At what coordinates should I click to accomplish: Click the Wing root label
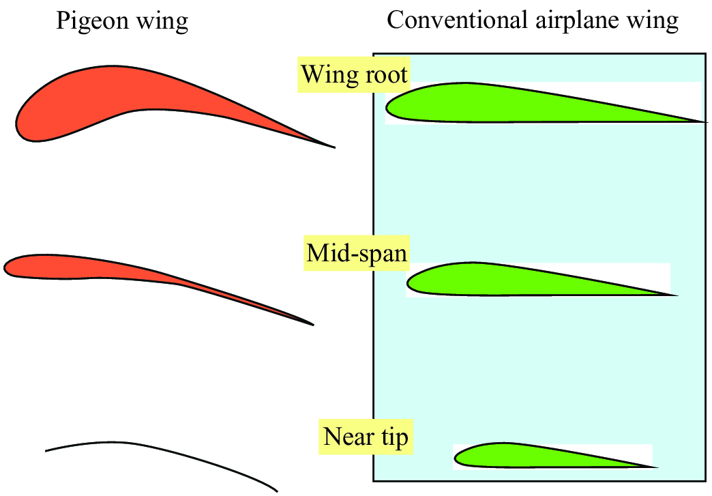tap(354, 74)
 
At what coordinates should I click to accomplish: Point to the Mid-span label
tap(357, 254)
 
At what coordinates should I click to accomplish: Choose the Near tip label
tap(366, 436)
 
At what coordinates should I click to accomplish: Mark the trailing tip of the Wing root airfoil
tap(703, 122)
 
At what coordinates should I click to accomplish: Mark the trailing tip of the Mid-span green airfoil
tap(676, 295)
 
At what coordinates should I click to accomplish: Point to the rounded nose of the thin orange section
tap(6, 267)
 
